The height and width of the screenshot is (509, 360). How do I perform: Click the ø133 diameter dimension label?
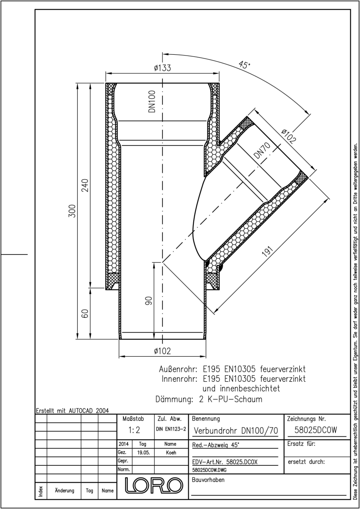click(162, 68)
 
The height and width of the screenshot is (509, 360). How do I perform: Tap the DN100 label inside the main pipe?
click(152, 101)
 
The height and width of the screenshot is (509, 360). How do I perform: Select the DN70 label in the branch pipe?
click(262, 151)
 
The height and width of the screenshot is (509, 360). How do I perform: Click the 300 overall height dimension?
click(72, 211)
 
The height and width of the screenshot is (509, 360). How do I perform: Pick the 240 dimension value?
click(85, 185)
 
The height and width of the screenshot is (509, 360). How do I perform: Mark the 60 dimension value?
click(85, 313)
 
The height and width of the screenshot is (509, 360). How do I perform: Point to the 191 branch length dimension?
click(267, 251)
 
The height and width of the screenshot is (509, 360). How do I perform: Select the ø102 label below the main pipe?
click(162, 351)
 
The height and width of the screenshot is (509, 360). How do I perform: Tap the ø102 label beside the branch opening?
click(289, 136)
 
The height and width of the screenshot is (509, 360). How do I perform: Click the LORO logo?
click(154, 485)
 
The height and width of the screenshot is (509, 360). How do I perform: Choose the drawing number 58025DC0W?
click(316, 430)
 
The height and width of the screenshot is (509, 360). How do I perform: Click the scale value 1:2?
click(134, 430)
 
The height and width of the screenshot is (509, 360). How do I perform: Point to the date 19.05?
click(144, 453)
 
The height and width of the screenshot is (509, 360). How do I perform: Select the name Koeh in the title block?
click(171, 453)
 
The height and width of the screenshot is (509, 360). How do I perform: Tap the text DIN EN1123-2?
click(171, 429)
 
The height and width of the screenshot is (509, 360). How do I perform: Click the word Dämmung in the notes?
click(174, 399)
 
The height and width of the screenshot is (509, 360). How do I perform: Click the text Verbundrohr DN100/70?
click(236, 431)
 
